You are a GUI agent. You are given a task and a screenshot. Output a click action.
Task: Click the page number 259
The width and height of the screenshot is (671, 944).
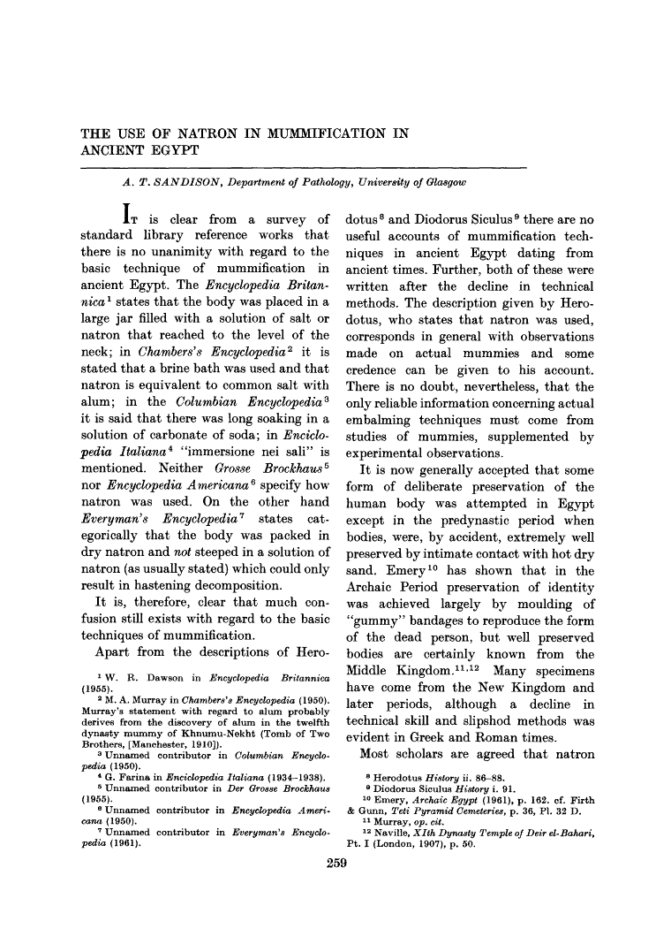[x=335, y=863]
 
